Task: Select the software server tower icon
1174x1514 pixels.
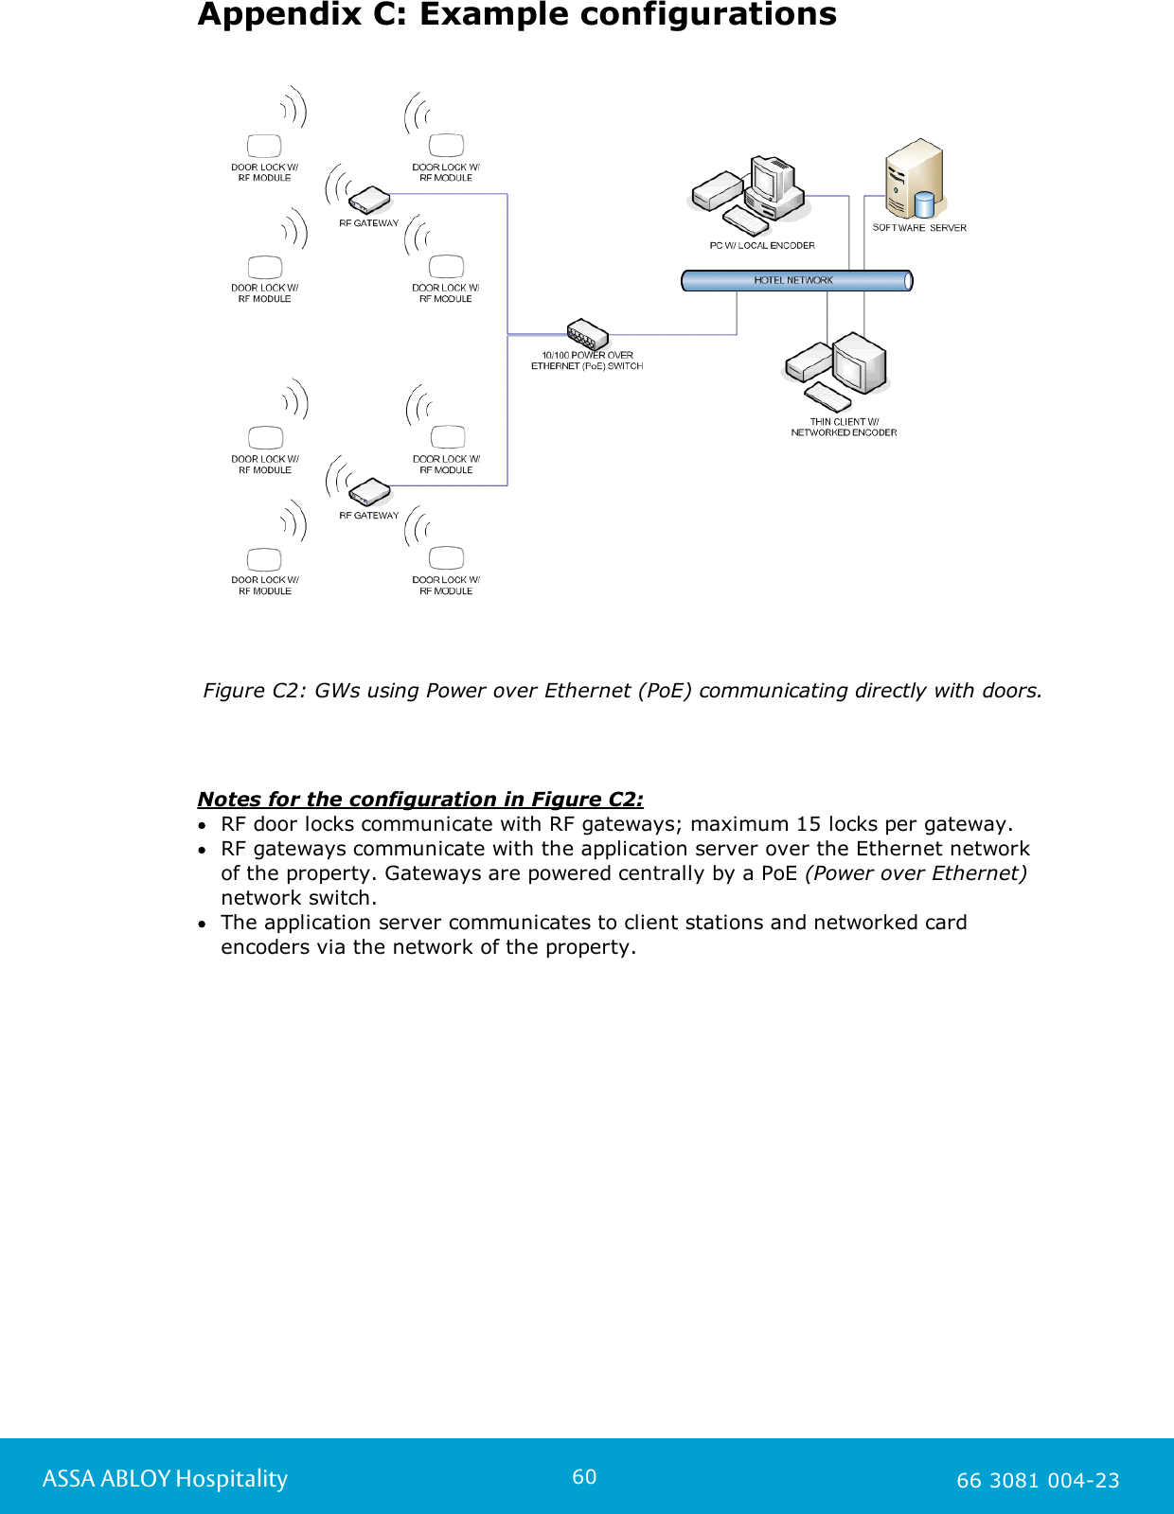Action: point(913,180)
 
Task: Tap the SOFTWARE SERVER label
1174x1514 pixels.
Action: point(919,228)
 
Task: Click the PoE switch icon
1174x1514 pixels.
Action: point(587,334)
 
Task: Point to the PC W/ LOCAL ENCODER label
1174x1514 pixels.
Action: point(762,245)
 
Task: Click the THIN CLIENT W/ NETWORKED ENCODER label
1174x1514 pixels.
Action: point(844,427)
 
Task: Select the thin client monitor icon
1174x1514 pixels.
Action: point(859,363)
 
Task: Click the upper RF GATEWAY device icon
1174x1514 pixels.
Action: point(369,200)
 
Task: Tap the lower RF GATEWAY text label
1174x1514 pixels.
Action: point(369,516)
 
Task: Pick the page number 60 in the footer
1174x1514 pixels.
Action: point(584,1477)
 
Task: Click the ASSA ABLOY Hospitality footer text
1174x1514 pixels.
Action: point(165,1479)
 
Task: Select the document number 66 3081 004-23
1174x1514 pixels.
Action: point(1038,1481)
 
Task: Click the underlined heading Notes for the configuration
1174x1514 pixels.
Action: point(419,800)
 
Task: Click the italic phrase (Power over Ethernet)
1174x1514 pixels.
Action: point(916,873)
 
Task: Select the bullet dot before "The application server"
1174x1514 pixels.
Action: point(203,924)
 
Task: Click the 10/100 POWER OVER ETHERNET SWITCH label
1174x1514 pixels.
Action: point(587,361)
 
